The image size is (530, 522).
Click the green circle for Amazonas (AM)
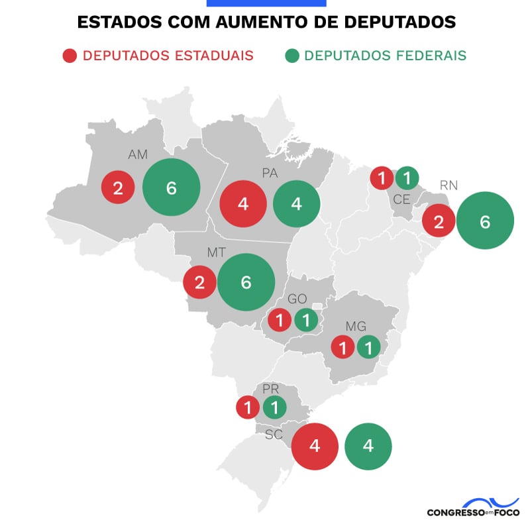(x=171, y=187)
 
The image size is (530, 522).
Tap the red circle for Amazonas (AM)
(x=118, y=188)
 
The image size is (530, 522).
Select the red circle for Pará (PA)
(x=243, y=203)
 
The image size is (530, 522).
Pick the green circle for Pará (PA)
(x=297, y=203)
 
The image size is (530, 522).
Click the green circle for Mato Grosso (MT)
(x=246, y=282)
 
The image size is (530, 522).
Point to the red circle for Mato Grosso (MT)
(x=200, y=283)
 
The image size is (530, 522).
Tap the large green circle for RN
(x=485, y=221)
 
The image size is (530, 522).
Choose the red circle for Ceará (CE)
(x=382, y=178)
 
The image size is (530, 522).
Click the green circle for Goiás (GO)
(x=305, y=321)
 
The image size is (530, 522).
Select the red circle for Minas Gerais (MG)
(x=343, y=346)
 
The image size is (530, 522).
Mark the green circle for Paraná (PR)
(x=274, y=407)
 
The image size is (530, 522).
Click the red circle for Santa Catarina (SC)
(x=315, y=446)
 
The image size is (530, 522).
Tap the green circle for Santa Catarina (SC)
(x=368, y=446)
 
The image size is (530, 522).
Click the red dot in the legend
(x=70, y=56)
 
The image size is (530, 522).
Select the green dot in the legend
(x=291, y=56)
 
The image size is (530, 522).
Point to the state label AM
(x=138, y=154)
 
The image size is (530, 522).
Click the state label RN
(x=449, y=185)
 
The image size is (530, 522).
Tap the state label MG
(x=356, y=326)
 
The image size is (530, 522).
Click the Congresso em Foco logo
(x=473, y=508)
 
